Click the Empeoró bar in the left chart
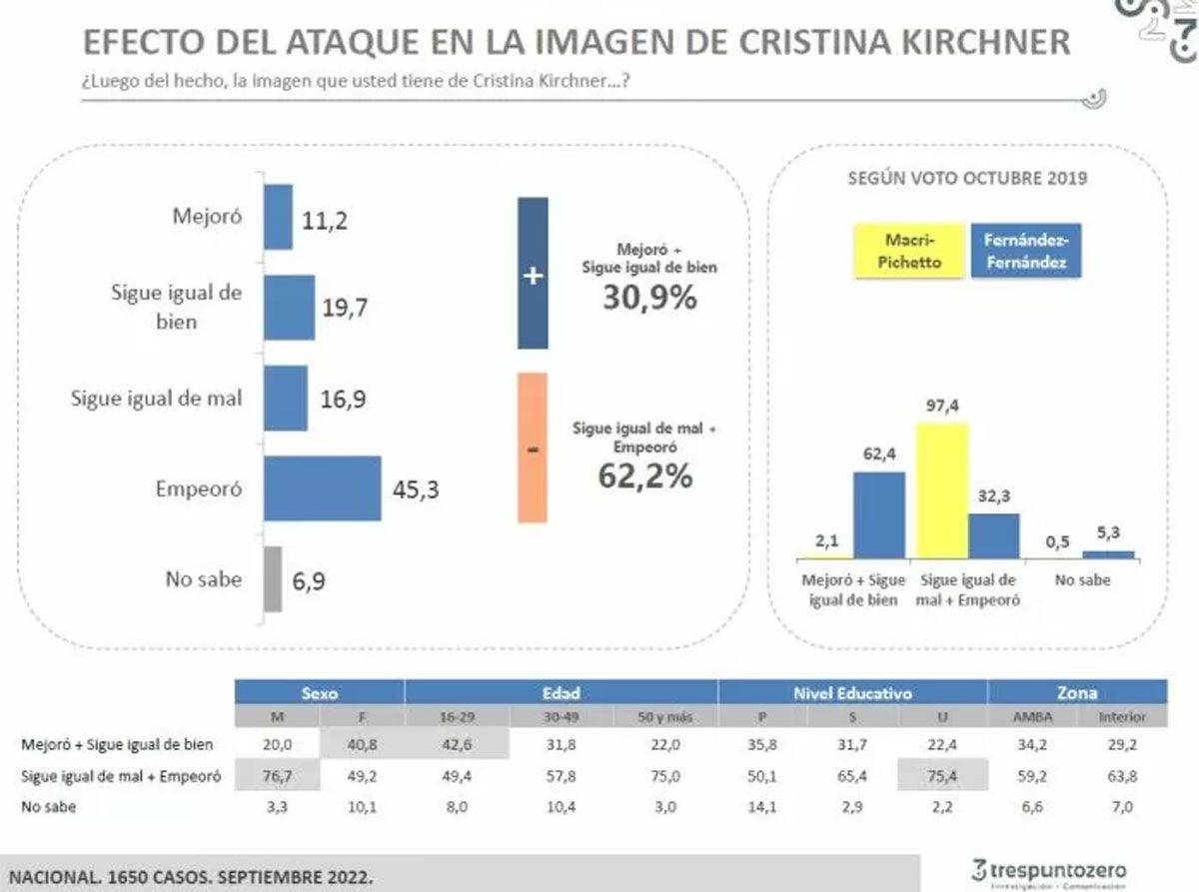322,488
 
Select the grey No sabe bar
272,578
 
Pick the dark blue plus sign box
532,274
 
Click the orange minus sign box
532,447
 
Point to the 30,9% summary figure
648,298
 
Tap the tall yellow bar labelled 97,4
941,489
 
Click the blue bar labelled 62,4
878,514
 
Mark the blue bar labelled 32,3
993,535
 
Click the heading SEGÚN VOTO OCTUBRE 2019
967,179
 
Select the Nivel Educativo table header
852,692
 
